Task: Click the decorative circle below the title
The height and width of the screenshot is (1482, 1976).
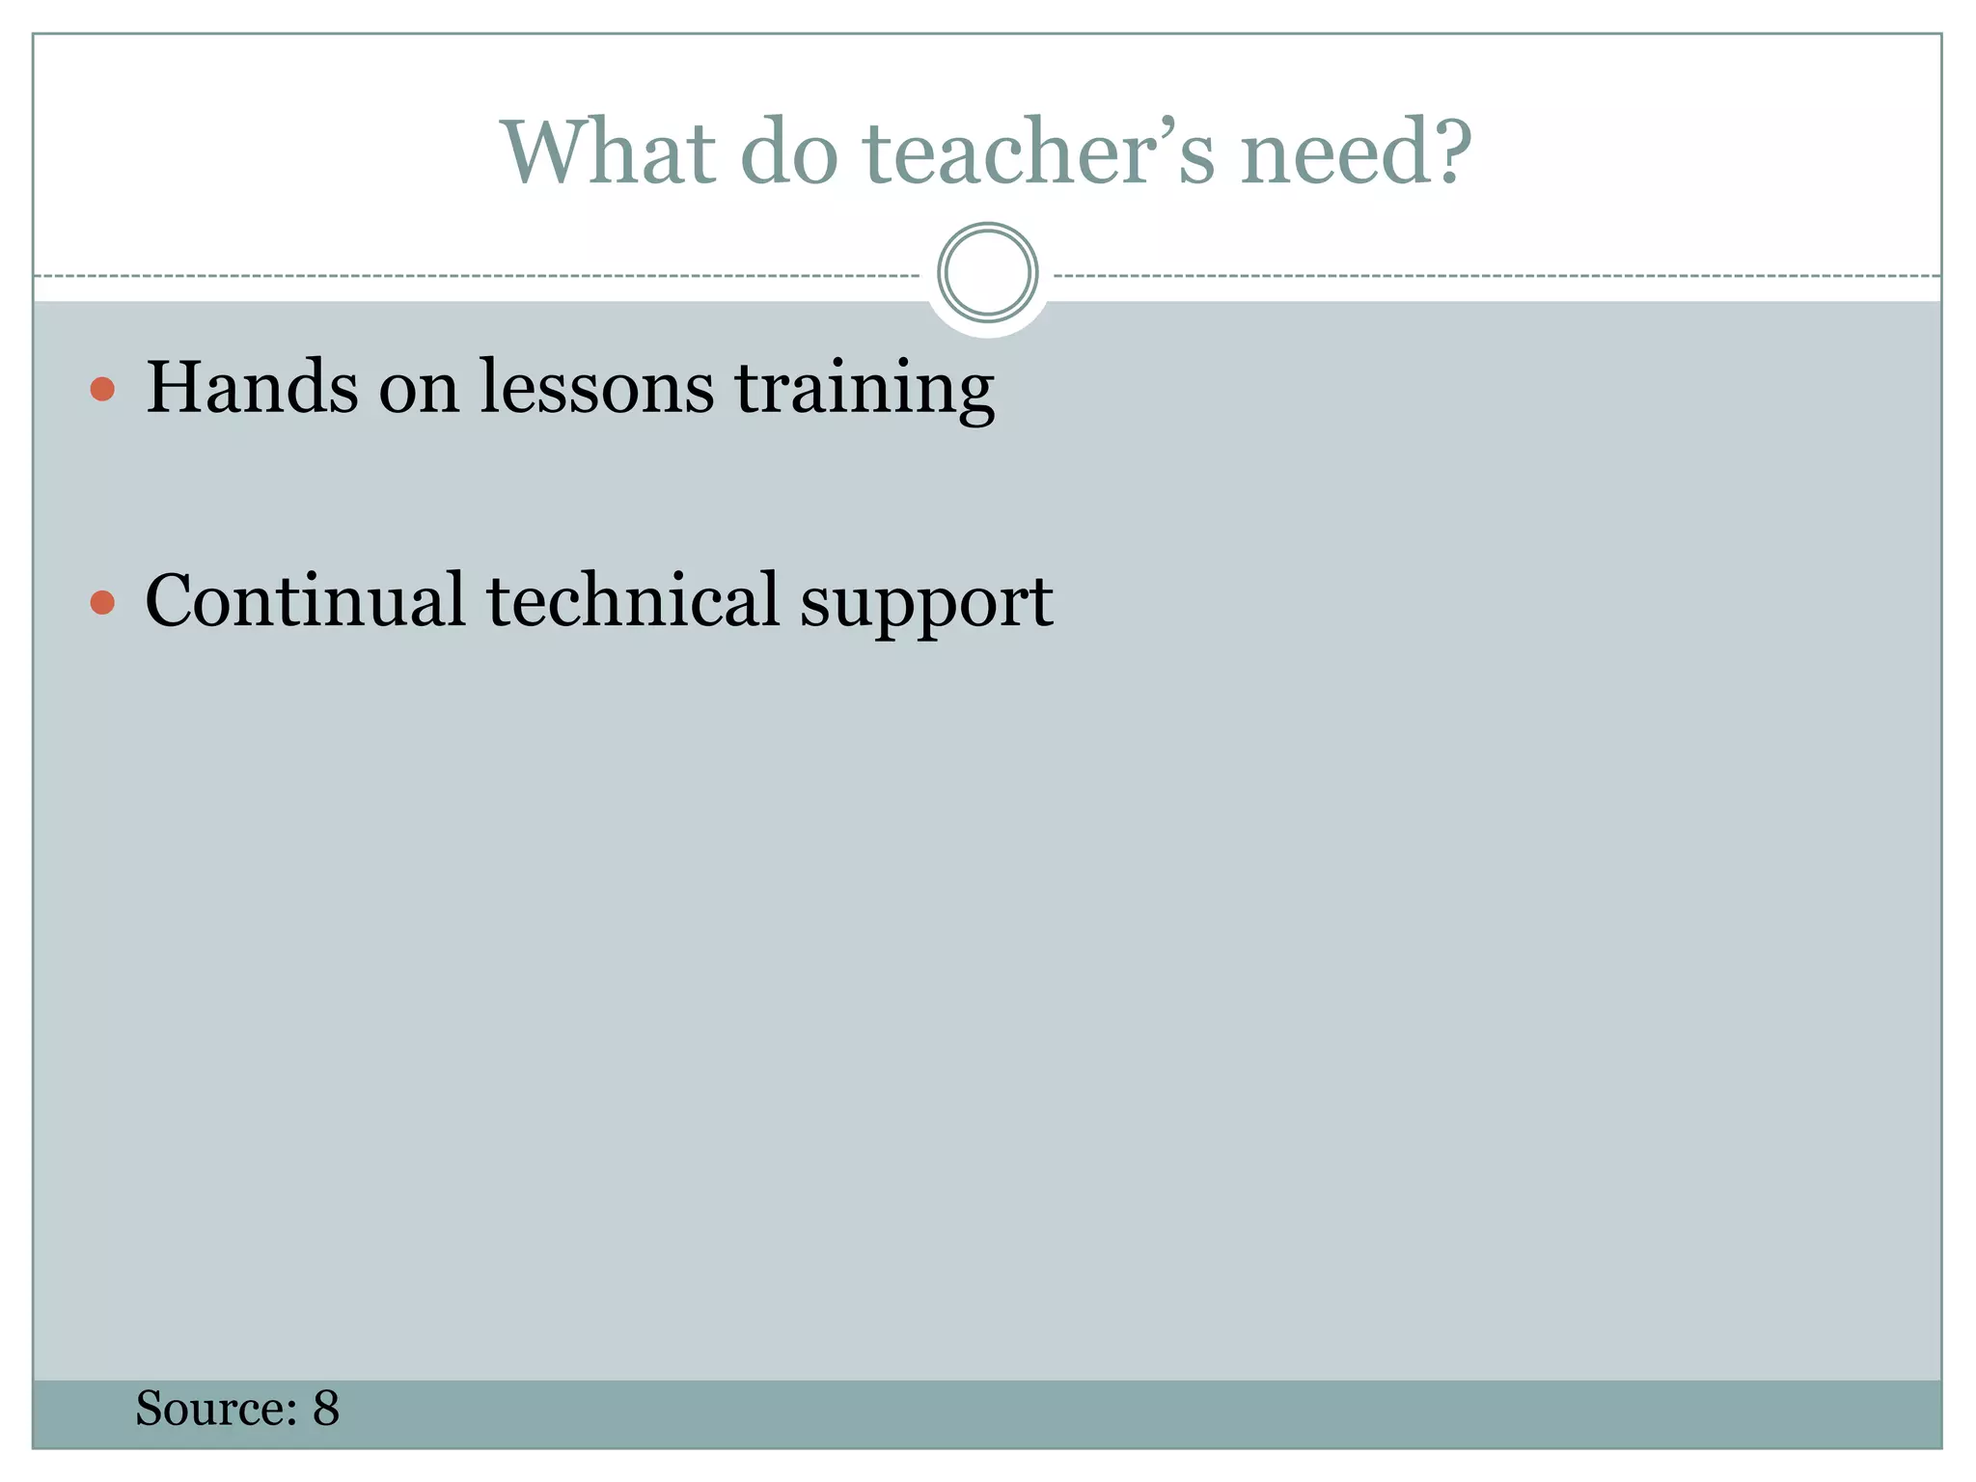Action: [987, 273]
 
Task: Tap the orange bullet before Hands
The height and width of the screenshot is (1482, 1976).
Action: [102, 389]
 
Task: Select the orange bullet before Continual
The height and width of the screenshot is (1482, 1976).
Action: [102, 603]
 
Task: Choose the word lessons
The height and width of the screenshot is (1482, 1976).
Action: [596, 387]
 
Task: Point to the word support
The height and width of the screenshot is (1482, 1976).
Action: [926, 606]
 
